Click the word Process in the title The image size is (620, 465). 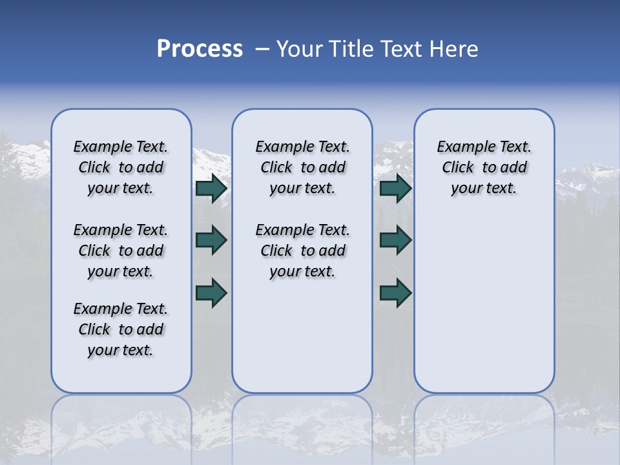(x=200, y=49)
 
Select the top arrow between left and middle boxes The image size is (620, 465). (x=211, y=188)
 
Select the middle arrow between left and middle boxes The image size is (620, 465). (x=211, y=240)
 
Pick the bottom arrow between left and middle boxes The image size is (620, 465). (x=211, y=293)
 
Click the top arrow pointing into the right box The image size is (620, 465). (x=396, y=188)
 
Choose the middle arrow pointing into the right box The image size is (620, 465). (x=396, y=240)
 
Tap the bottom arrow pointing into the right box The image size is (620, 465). (x=396, y=293)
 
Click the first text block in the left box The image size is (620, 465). (x=121, y=167)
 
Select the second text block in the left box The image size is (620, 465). (x=121, y=251)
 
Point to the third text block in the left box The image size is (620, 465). (x=121, y=329)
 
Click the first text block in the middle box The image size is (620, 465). (x=302, y=167)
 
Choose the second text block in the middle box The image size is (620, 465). (x=302, y=251)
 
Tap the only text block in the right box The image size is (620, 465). (x=484, y=167)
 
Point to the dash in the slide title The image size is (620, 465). (x=262, y=49)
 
